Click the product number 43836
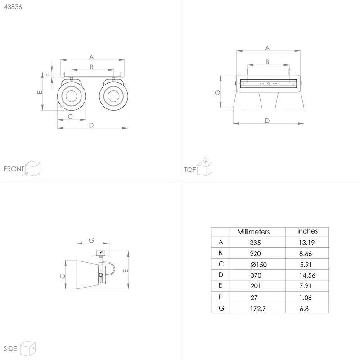coord(13,7)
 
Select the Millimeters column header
coord(253,232)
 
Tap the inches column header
coord(307,231)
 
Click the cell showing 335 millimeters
coord(255,243)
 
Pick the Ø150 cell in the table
coord(258,265)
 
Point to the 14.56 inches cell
coord(307,275)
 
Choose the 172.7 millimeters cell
coord(258,309)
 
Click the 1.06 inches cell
coord(306,298)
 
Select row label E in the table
coord(220,285)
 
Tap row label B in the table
coord(220,253)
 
